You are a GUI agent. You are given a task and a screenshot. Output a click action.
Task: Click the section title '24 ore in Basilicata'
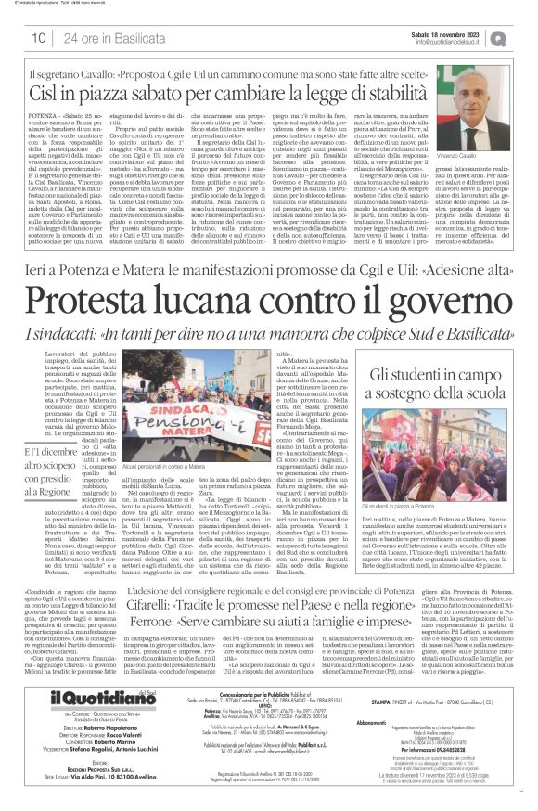tap(99, 38)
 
